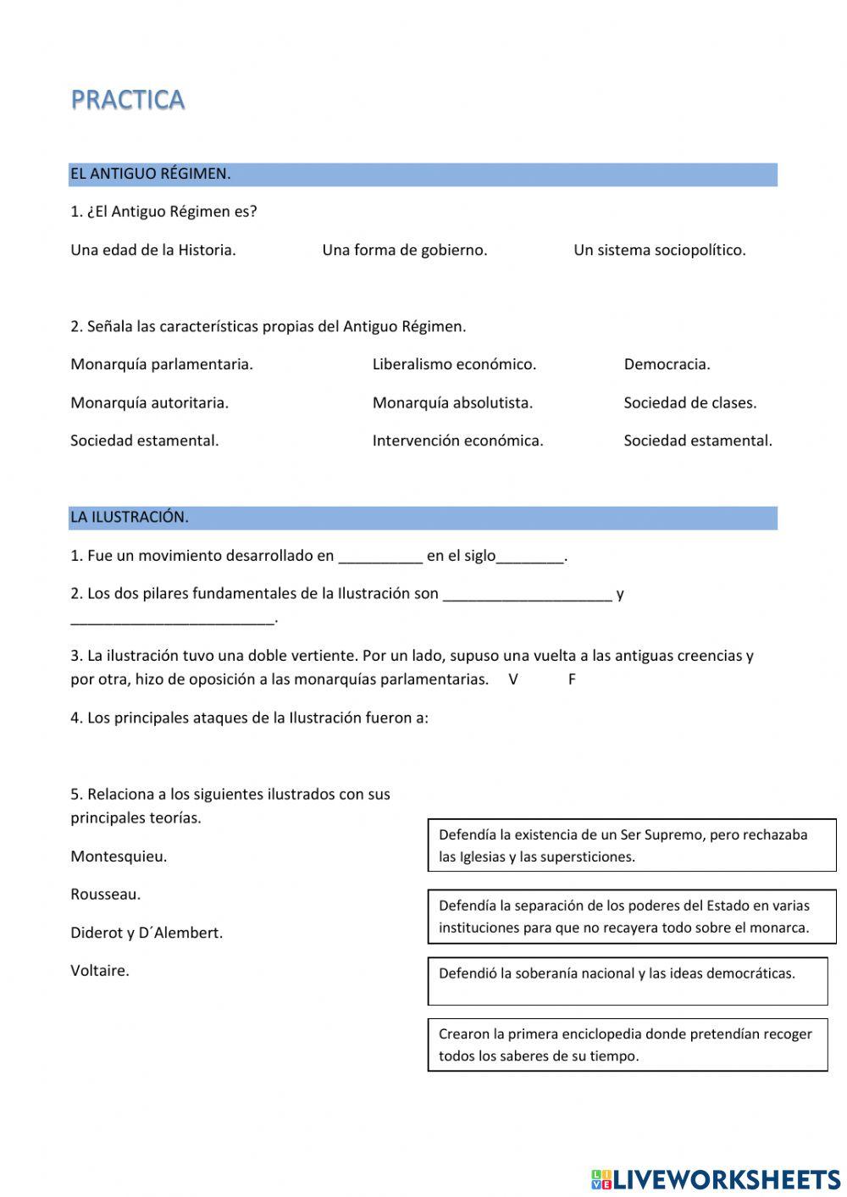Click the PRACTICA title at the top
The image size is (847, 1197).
[x=128, y=100]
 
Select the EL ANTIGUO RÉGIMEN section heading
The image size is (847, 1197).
[x=151, y=174]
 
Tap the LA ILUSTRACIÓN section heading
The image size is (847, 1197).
[x=130, y=517]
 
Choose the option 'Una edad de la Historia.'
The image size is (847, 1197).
[x=153, y=250]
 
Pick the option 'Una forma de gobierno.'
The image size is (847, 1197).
[x=404, y=250]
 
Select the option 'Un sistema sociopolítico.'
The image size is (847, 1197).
[x=659, y=250]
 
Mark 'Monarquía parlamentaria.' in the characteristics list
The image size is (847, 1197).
[x=162, y=364]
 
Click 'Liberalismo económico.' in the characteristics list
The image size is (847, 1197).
[x=454, y=364]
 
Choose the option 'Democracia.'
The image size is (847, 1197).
[x=667, y=364]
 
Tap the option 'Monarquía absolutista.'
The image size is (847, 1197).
[x=452, y=402]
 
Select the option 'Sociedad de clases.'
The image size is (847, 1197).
[x=689, y=402]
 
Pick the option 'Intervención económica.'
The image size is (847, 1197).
[x=457, y=441]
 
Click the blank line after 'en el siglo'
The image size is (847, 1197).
[x=530, y=557]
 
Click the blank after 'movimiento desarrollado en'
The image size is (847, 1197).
[x=380, y=557]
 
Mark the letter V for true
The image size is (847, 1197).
[x=513, y=679]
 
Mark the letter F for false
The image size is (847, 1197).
[x=572, y=679]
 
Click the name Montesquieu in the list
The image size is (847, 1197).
[x=119, y=856]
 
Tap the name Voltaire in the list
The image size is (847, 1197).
[x=100, y=971]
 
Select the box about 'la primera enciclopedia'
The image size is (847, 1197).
[x=627, y=1045]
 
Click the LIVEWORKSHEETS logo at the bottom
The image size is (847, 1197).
[x=716, y=1179]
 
